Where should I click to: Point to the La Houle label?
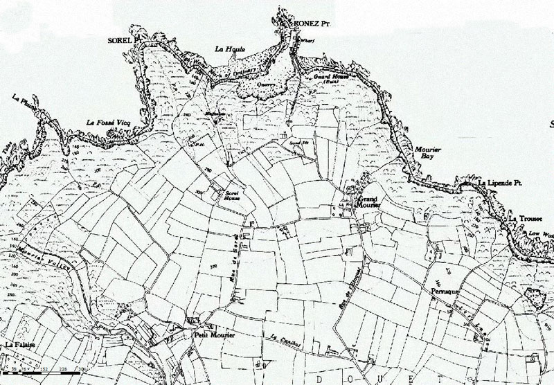[x=226, y=48]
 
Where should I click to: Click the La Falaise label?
[x=19, y=344]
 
